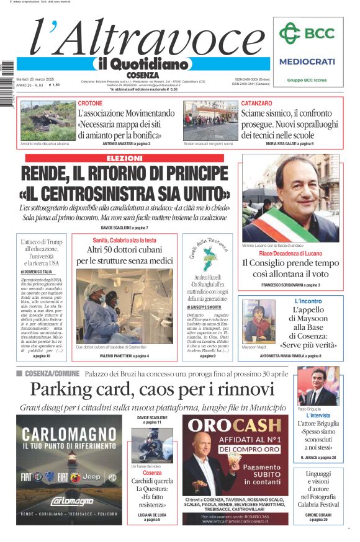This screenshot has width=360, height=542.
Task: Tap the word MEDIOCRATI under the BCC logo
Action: (x=307, y=61)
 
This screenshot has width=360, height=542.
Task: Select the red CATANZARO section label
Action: (x=256, y=103)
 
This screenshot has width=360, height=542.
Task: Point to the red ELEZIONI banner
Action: (x=122, y=158)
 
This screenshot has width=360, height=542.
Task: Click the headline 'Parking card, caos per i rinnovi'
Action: (x=152, y=389)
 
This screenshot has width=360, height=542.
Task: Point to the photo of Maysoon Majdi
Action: (x=258, y=322)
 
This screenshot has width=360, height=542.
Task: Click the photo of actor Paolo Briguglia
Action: (x=318, y=386)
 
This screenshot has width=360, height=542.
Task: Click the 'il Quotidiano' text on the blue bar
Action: (x=142, y=64)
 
